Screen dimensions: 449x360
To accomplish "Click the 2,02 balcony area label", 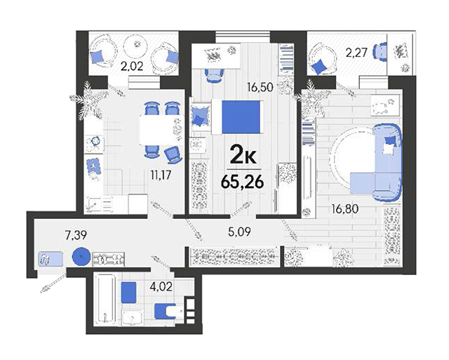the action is tap(132, 67).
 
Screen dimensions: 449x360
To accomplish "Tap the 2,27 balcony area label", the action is tap(356, 53).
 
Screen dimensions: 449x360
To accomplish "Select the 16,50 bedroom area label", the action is tap(260, 87).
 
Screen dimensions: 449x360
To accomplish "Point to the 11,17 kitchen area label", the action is tap(161, 175).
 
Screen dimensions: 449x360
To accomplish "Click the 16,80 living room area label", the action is tap(344, 209).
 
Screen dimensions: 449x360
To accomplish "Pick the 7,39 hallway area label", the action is tap(76, 235).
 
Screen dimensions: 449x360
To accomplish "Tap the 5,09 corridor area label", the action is tap(239, 232).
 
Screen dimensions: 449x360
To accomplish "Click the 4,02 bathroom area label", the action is tap(161, 287).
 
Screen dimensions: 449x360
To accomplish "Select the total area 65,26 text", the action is tap(242, 182).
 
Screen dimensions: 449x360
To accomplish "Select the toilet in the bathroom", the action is tap(168, 312).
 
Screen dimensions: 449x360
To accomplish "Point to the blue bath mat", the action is tap(128, 293).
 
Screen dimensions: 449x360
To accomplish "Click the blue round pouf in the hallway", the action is tap(81, 256).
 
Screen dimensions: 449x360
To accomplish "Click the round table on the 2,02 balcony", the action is tap(135, 46).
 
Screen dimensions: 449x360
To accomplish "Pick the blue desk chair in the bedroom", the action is tap(214, 76).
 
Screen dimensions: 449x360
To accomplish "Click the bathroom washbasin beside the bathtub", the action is tap(133, 318).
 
